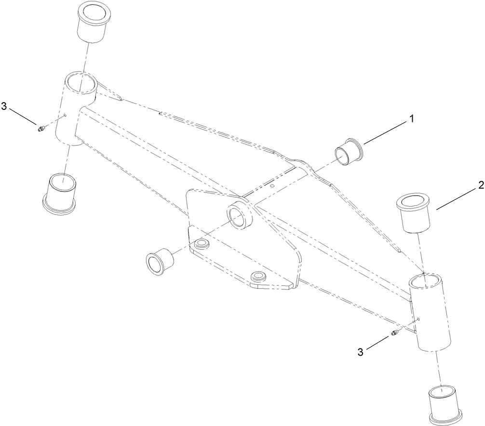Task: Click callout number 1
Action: (x=411, y=118)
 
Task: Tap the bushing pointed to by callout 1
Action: (x=349, y=152)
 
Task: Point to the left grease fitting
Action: (x=40, y=128)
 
